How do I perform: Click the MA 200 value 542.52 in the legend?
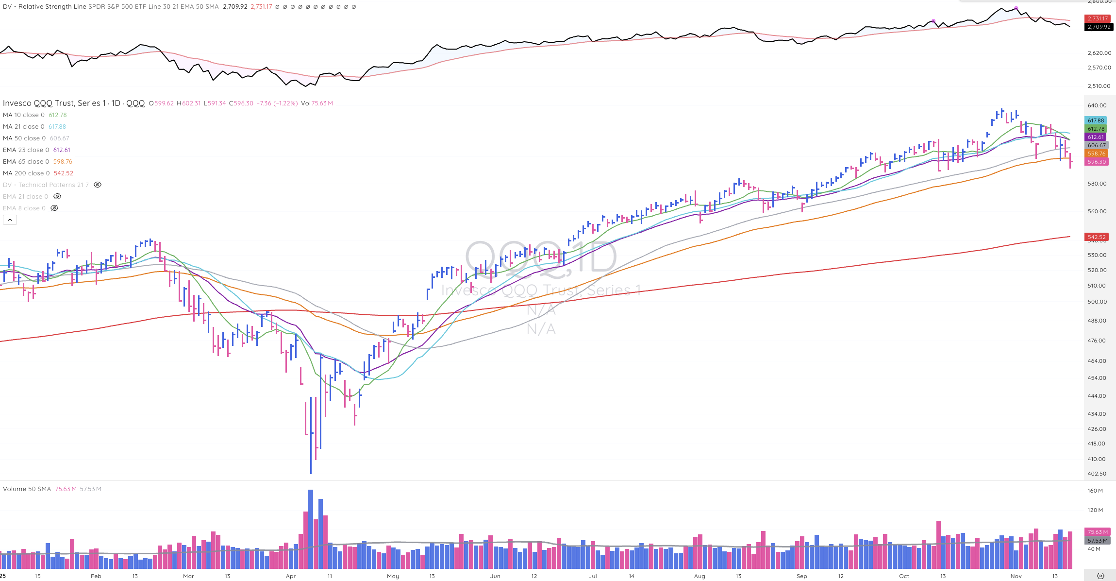[x=64, y=173]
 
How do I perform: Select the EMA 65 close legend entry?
[x=26, y=162]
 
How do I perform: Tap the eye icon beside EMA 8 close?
[x=54, y=208]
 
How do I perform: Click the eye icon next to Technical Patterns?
[x=98, y=185]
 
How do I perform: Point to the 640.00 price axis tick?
[x=1097, y=105]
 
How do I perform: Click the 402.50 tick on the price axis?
[x=1097, y=474]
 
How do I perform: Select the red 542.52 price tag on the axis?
[x=1097, y=237]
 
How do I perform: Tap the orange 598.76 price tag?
[x=1097, y=154]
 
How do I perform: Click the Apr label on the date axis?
[x=291, y=576]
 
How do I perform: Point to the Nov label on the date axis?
[x=1016, y=576]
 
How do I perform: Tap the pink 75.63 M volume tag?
[x=1097, y=532]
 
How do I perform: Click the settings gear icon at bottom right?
[x=1100, y=576]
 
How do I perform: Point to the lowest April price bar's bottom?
[x=311, y=472]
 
